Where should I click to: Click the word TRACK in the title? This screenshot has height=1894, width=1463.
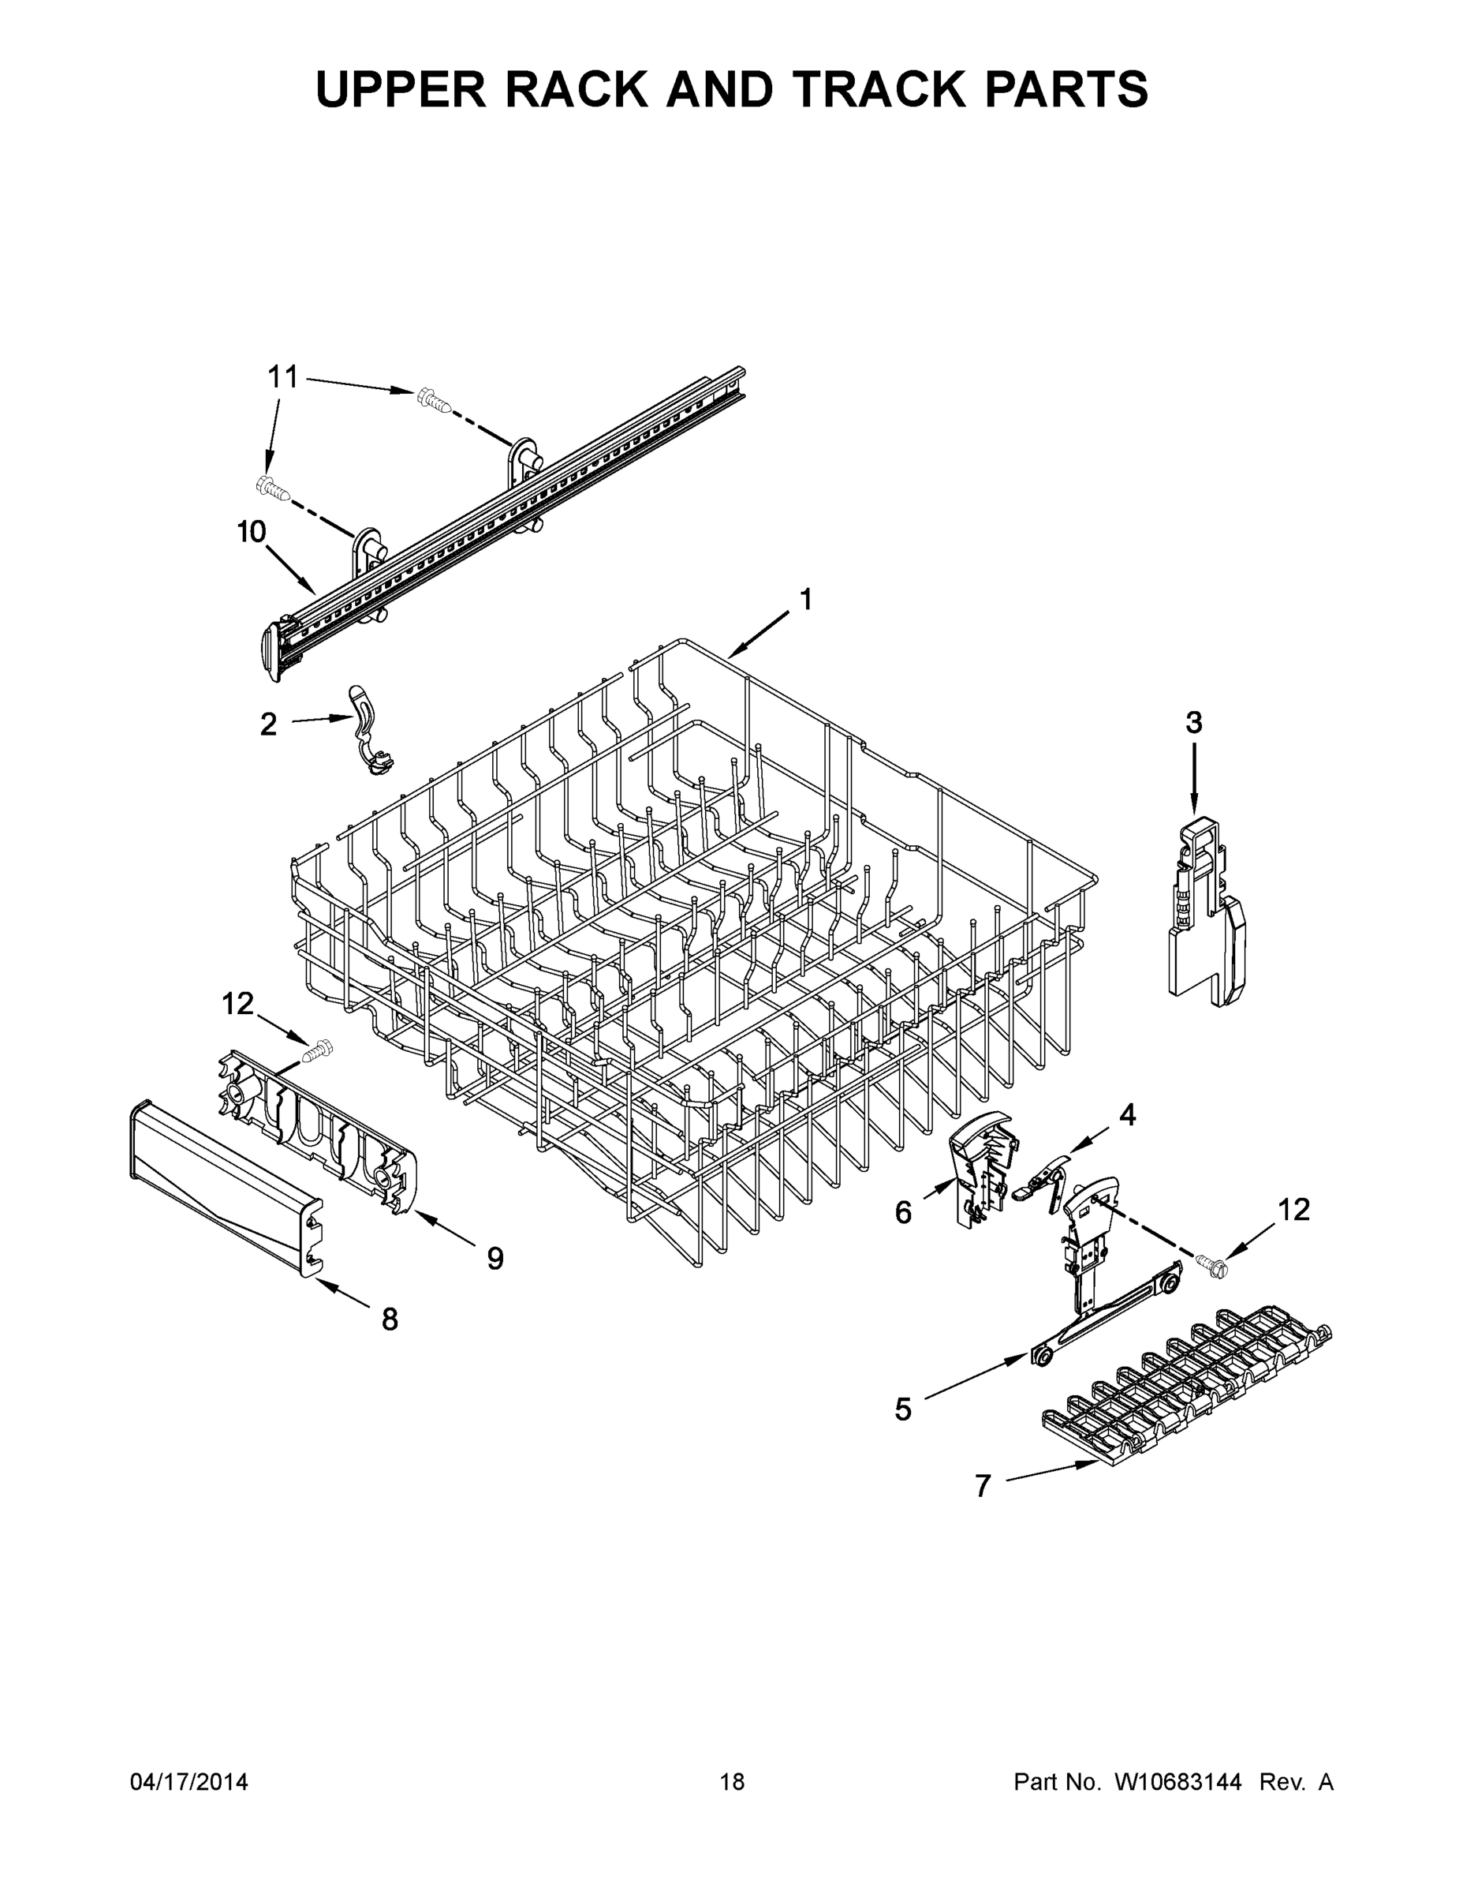coord(876,88)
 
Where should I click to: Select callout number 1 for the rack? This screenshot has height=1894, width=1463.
coord(805,599)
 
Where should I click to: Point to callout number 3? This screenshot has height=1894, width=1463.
coord(1193,722)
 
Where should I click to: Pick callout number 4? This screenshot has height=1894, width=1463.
coord(1127,1114)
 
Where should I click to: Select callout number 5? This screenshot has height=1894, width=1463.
coord(903,1409)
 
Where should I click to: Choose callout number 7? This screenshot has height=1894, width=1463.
coord(982,1485)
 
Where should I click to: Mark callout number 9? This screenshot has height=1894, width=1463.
coord(495,1257)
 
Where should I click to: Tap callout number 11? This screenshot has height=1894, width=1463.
coord(282,377)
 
